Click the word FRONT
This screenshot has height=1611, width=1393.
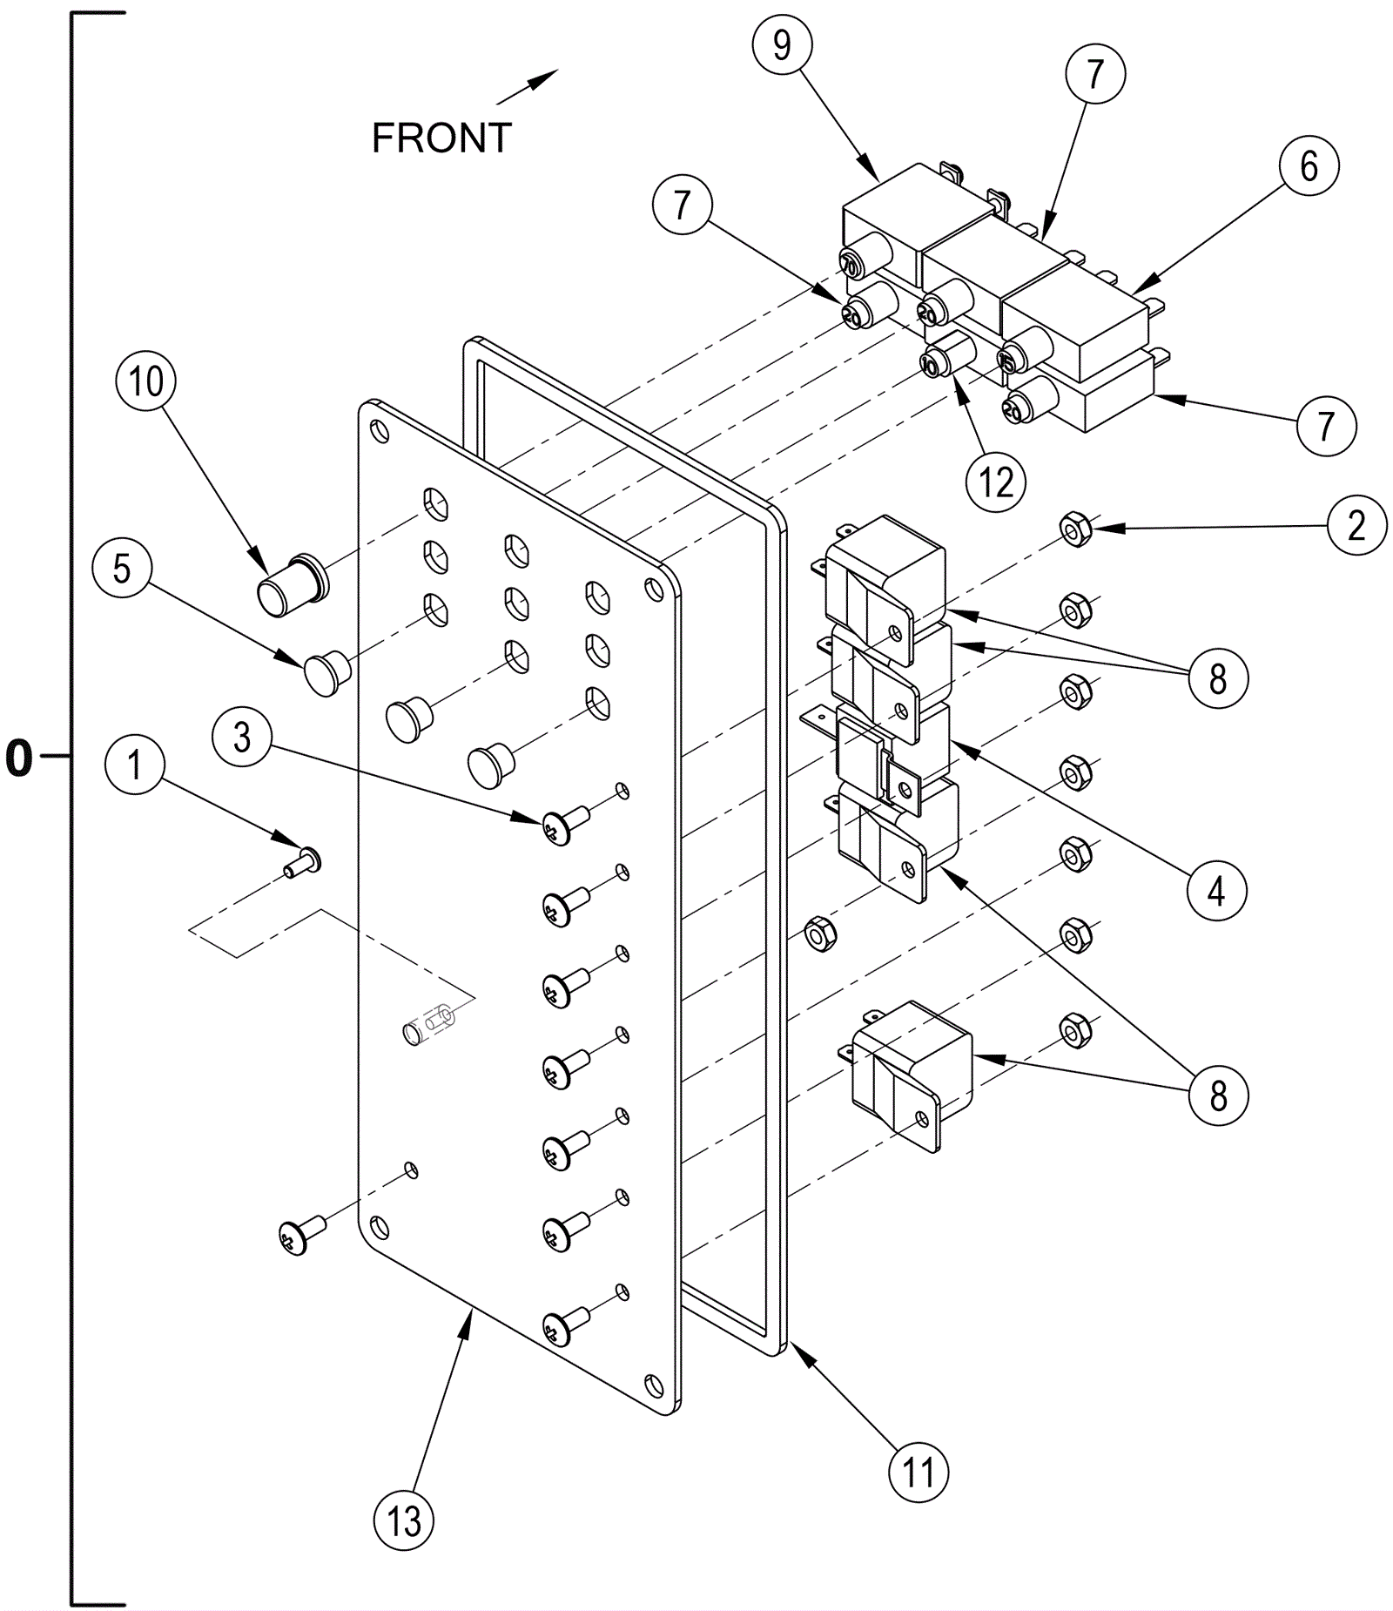click(x=441, y=138)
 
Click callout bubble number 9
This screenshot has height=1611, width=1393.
click(x=782, y=45)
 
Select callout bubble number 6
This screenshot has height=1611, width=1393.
click(x=1309, y=165)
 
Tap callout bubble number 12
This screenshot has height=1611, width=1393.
click(x=996, y=482)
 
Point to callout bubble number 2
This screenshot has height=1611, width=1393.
click(x=1356, y=525)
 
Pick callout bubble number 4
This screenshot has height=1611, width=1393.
click(x=1216, y=891)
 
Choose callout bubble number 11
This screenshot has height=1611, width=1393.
click(x=919, y=1473)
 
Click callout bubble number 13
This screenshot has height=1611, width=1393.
click(x=403, y=1520)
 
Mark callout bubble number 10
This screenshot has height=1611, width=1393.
click(x=146, y=381)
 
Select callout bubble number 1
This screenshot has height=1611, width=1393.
click(x=134, y=765)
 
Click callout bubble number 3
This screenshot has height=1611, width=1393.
click(x=242, y=737)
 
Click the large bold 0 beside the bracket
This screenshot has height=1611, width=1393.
click(x=18, y=759)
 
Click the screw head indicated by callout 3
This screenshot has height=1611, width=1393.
click(x=557, y=826)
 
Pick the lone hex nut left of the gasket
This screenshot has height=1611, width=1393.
click(x=818, y=934)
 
